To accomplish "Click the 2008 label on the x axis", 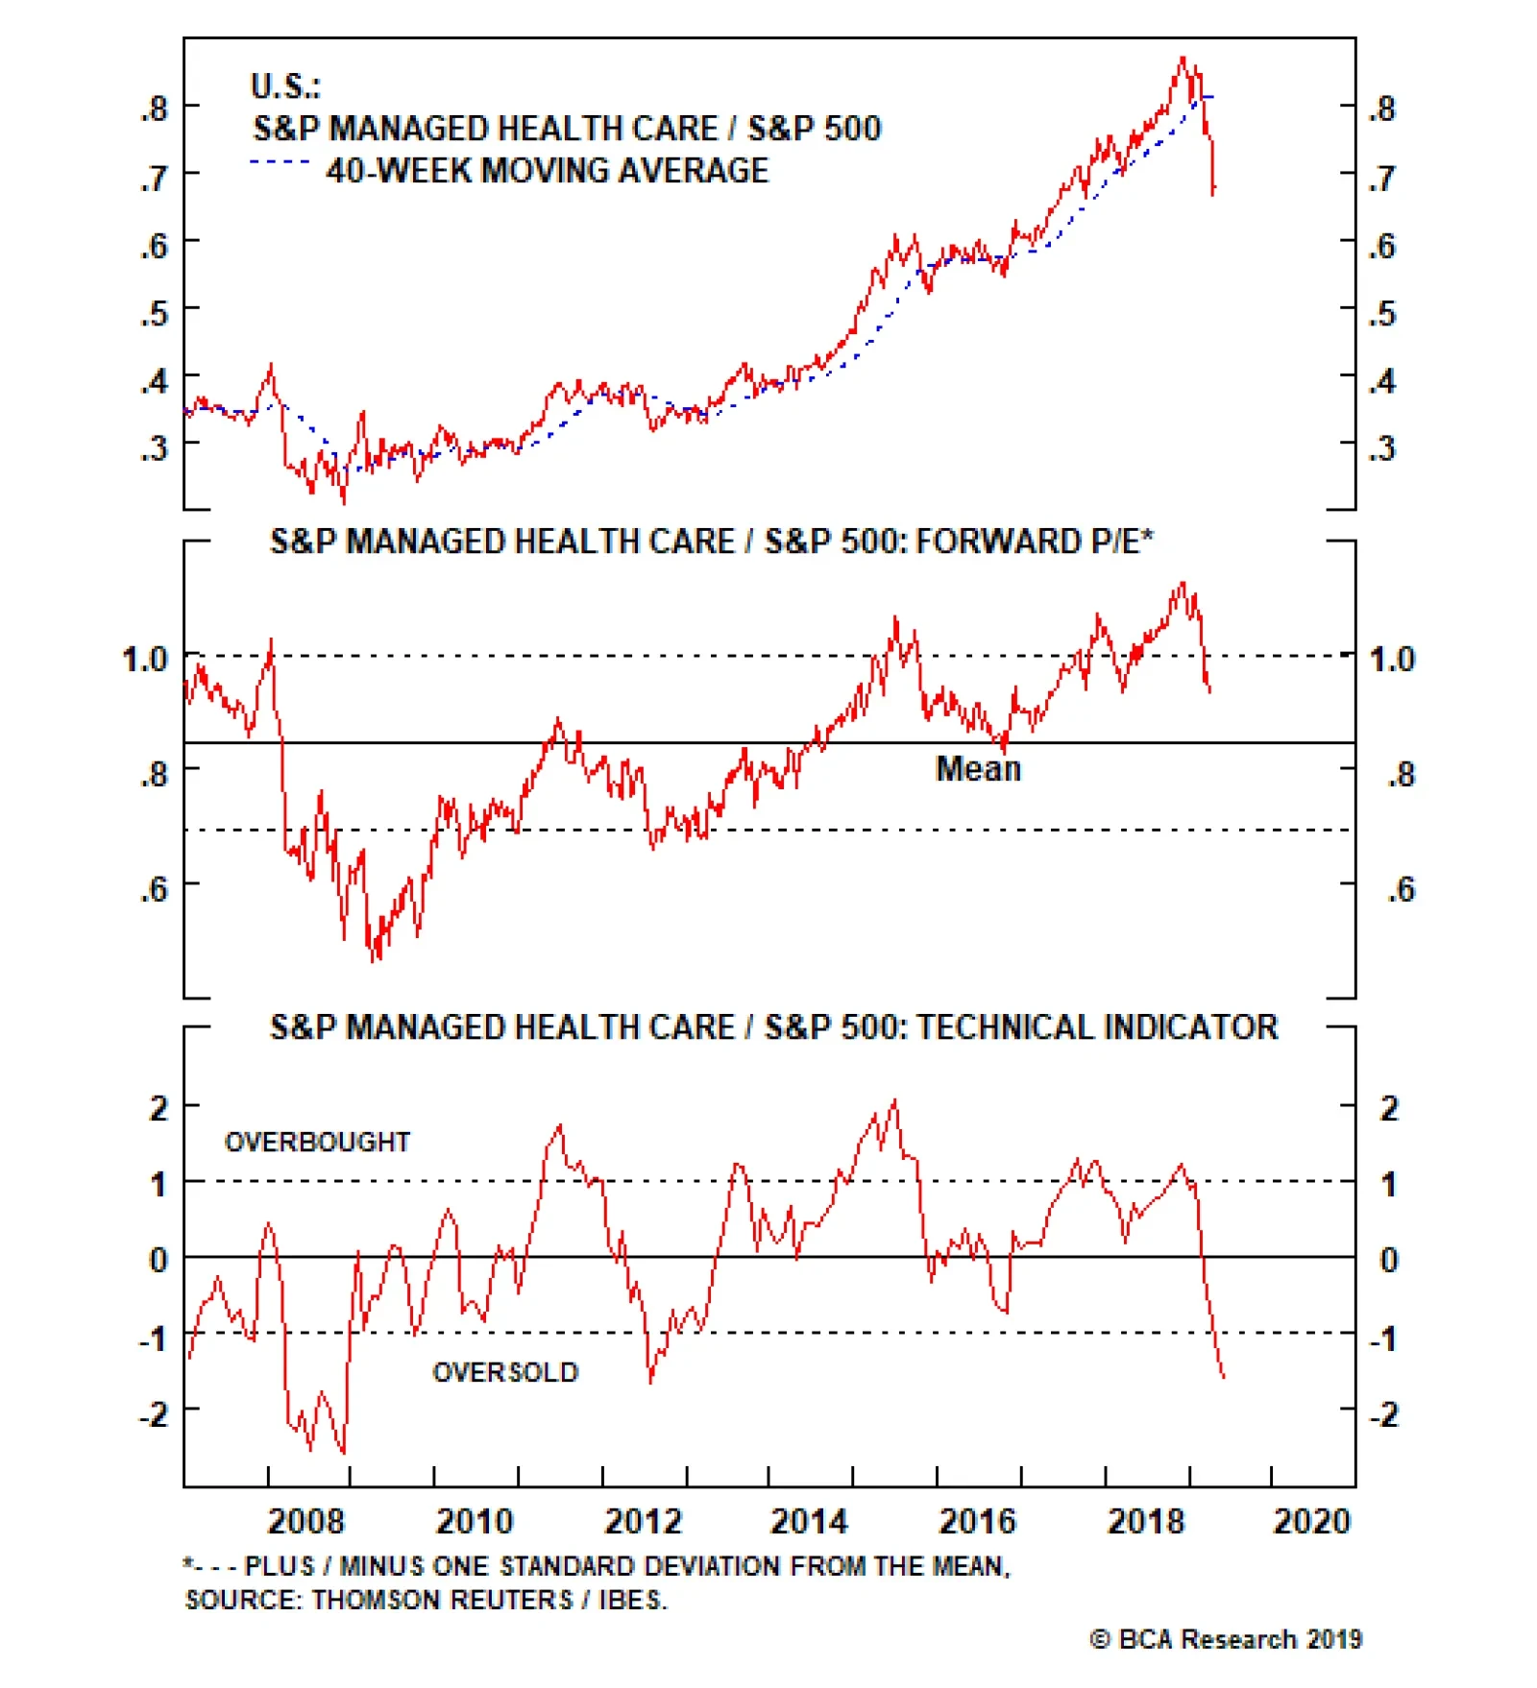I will pos(305,1522).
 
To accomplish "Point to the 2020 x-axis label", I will pos(1311,1522).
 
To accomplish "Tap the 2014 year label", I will pos(809,1522).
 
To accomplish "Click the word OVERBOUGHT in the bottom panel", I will pos(317,1142).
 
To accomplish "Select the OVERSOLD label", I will pos(505,1372).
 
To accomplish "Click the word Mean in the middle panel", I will pos(978,769).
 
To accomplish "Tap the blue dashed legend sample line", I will pos(280,162).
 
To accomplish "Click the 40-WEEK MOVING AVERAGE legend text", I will pos(548,171).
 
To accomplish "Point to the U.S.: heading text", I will pos(285,86).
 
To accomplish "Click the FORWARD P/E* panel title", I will pos(711,542).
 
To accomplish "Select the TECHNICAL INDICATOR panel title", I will pos(773,1027).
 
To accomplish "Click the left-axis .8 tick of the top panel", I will pos(155,109).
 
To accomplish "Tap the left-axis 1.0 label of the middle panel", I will pos(145,660).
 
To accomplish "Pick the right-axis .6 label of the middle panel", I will pos(1402,890).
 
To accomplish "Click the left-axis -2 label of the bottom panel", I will pos(155,1413).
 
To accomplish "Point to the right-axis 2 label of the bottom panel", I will pos(1389,1109).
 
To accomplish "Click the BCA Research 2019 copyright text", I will pos(1226,1639).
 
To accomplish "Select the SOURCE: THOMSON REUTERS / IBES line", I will pos(426,1600).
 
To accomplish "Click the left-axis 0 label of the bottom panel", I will pos(159,1260).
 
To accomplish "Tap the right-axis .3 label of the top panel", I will pos(1382,448).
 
